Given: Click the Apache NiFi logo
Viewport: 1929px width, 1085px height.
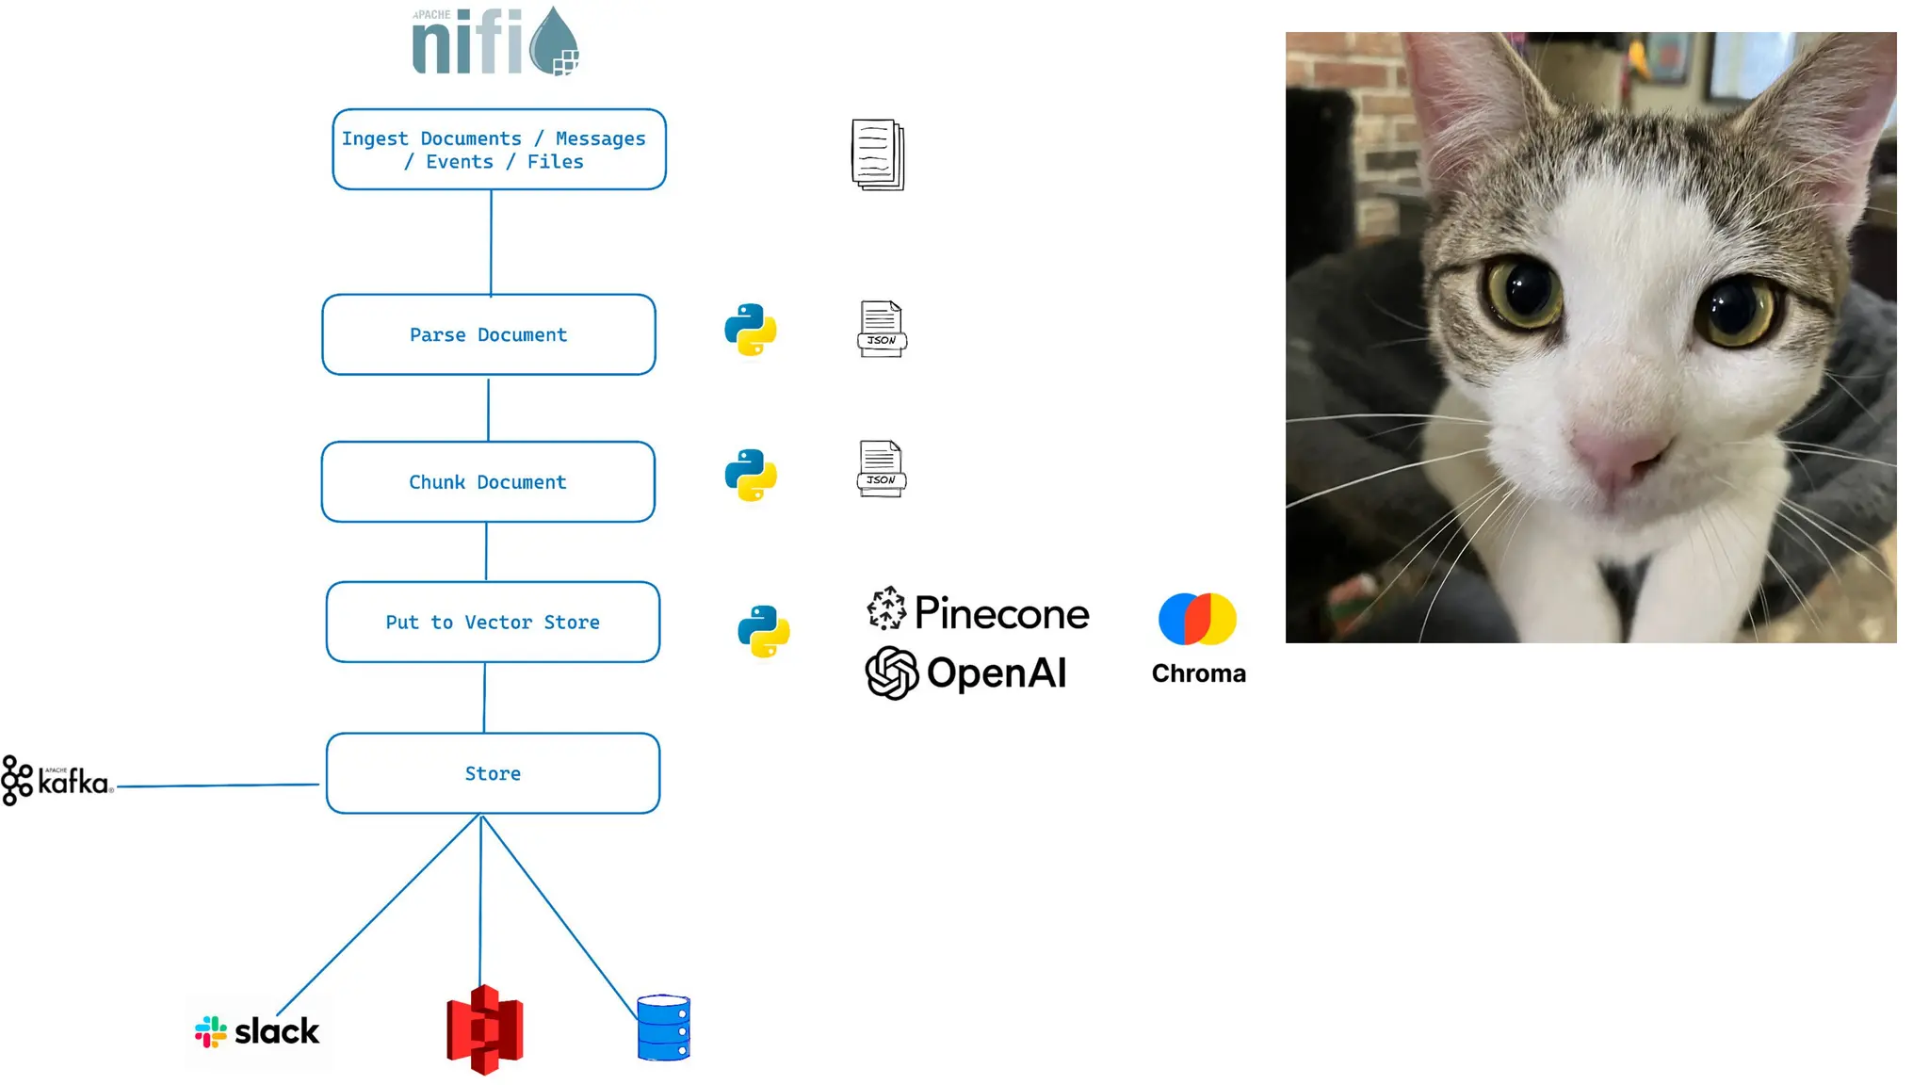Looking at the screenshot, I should coord(495,42).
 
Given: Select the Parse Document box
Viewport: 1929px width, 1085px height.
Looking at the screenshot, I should coord(488,334).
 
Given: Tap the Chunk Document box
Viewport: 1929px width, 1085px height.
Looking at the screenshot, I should coord(488,481).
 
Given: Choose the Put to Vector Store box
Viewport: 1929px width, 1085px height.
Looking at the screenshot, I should coord(493,622).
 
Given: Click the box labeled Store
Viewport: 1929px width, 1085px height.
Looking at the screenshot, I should coord(493,773).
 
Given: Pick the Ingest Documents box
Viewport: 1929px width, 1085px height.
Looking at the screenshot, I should coord(498,150).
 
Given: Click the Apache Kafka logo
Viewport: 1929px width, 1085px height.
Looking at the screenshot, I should coord(57,780).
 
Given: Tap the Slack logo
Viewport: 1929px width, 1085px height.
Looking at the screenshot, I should coord(257,1031).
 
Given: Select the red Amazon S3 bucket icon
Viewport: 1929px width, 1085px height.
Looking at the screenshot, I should coord(484,1029).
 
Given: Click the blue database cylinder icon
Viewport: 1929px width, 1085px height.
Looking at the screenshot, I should coord(663,1028).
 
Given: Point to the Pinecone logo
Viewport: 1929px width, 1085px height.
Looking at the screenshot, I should coord(978,612).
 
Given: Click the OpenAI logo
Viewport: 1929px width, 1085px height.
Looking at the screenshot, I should coord(966,672).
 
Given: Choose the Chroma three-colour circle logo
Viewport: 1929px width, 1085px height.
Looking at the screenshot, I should coord(1197,619).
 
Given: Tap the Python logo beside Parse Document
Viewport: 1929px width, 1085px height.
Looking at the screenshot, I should coord(750,330).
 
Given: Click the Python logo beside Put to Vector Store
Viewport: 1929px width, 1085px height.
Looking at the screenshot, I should coord(763,630).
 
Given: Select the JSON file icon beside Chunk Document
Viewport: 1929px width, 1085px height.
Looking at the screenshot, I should coord(882,468).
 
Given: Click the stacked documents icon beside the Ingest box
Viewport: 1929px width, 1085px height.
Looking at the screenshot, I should coord(878,154).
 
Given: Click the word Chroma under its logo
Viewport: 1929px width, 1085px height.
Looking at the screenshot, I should coord(1198,673).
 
